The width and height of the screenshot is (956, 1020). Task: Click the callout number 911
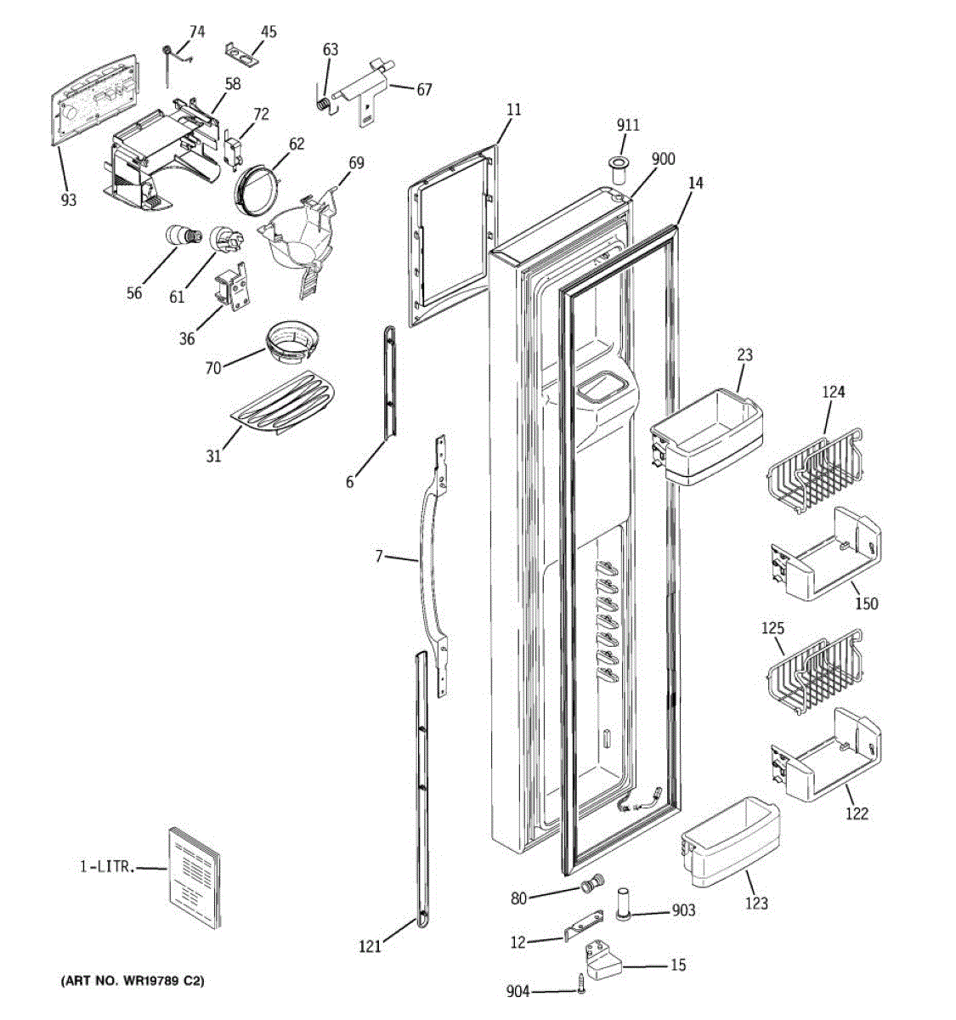click(x=627, y=126)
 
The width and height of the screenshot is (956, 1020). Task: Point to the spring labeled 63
click(x=324, y=103)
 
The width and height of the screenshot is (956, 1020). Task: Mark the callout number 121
click(x=370, y=945)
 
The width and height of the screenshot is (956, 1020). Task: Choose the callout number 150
click(x=866, y=603)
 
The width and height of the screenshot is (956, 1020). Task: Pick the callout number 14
click(x=696, y=183)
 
